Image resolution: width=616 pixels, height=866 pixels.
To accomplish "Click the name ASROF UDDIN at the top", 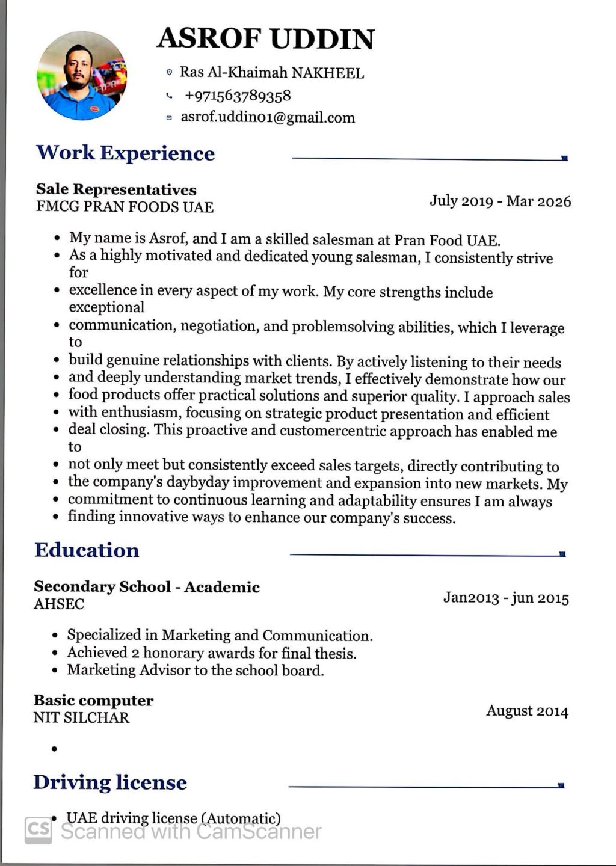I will coord(265,38).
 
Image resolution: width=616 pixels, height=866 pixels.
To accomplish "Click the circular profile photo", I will coord(82,76).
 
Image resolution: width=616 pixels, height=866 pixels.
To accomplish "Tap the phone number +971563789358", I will coord(238,96).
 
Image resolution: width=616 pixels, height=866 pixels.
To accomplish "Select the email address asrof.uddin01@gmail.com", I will coord(268,117).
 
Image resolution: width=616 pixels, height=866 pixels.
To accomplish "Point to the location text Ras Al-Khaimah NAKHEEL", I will coord(272,73).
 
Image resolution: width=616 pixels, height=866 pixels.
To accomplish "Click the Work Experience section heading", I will coord(125,153).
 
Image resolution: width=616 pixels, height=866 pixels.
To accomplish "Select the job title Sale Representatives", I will coord(116,189).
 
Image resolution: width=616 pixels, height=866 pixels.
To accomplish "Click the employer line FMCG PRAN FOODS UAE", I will coord(125,207).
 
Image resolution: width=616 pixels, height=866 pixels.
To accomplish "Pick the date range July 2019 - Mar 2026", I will coord(500,201).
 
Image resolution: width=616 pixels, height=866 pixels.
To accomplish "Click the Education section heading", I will coord(87,550).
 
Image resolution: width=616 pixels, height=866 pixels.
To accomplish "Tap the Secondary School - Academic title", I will coord(147,586).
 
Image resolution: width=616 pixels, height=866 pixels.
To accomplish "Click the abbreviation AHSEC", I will coord(59,604).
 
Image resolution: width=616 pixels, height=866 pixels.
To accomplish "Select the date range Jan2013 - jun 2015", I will coord(506,598).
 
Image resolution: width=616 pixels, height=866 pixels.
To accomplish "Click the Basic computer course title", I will coord(93,700).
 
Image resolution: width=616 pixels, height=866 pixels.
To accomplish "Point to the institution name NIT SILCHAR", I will coord(81,717).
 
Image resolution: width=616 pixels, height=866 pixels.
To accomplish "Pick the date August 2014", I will coord(527,711).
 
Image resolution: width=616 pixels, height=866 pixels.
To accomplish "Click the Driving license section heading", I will coord(110,782).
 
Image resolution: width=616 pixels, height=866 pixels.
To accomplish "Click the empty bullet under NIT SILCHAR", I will coord(55,749).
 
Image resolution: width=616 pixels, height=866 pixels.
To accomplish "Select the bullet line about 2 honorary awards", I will coord(211,653).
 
